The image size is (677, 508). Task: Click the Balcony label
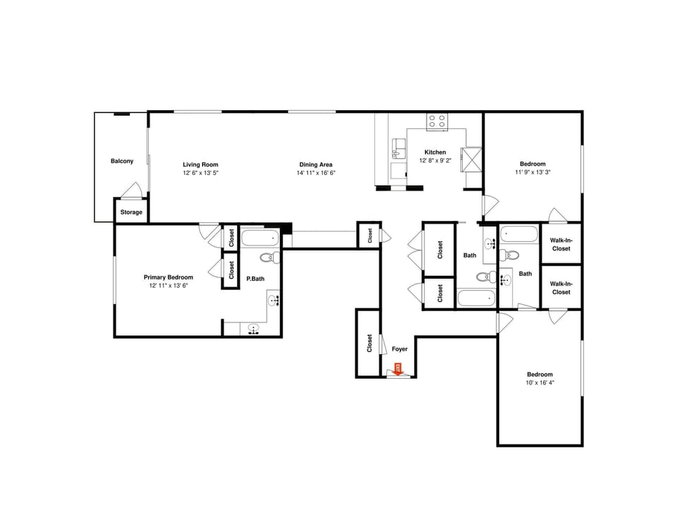(x=121, y=162)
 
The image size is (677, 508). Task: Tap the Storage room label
(x=131, y=212)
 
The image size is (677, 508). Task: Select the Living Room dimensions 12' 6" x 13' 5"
(x=200, y=173)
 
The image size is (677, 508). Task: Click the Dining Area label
(x=315, y=164)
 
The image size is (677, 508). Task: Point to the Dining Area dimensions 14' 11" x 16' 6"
(x=315, y=173)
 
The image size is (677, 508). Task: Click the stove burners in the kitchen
(x=437, y=121)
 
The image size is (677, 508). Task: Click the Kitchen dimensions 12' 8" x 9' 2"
(x=434, y=161)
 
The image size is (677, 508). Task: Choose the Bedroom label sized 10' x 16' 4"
(x=539, y=375)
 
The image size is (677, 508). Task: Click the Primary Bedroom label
(x=168, y=277)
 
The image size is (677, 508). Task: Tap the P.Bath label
(x=255, y=279)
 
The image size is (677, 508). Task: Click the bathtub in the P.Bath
(x=260, y=238)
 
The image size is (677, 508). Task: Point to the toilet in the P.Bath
(x=269, y=258)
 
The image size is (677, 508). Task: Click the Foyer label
(x=399, y=349)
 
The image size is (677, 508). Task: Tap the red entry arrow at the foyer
(x=398, y=369)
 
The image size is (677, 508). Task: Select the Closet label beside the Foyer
(x=369, y=344)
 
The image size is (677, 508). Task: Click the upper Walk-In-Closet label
(x=561, y=244)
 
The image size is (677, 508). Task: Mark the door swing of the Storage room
(x=132, y=190)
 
